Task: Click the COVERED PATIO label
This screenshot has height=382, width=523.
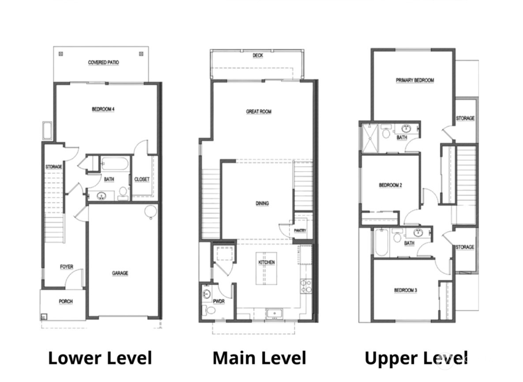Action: point(103,62)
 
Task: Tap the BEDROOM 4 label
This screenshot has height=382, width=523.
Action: point(103,109)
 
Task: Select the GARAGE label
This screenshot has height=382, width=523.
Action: point(120,273)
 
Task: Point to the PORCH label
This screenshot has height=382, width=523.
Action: point(65,301)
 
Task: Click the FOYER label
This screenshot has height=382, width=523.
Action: point(67,267)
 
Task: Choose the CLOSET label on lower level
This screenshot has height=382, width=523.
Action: point(142,179)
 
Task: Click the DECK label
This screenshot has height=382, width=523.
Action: point(258,55)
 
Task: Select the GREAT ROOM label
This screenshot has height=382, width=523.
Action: point(258,112)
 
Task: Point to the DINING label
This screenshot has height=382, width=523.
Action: point(262,203)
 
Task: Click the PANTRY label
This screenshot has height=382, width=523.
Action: point(300,231)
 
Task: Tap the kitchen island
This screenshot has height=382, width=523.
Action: point(266,268)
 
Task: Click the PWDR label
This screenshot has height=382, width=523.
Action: point(219,301)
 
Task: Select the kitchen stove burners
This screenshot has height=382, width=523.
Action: point(306,286)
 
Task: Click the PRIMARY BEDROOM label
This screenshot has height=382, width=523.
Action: point(415,80)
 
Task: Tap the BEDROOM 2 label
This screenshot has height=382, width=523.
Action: point(390,185)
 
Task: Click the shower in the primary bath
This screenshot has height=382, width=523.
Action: point(369,137)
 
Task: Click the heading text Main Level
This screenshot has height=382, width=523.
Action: point(259,358)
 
